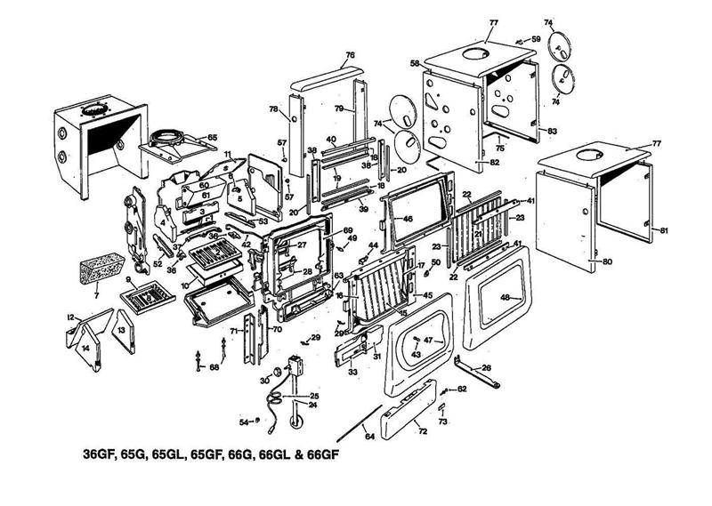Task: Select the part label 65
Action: pyautogui.click(x=212, y=137)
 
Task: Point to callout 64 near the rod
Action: pyautogui.click(x=368, y=436)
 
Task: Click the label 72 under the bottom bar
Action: pyautogui.click(x=422, y=431)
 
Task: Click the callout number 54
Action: pyautogui.click(x=245, y=422)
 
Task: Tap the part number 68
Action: pyautogui.click(x=214, y=367)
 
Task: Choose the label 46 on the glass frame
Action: pyautogui.click(x=409, y=217)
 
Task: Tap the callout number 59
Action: pyautogui.click(x=536, y=39)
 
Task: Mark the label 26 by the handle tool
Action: pyautogui.click(x=486, y=366)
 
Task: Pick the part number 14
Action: pyautogui.click(x=86, y=349)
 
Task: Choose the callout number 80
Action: pyautogui.click(x=607, y=262)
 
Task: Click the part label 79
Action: pyautogui.click(x=339, y=108)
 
